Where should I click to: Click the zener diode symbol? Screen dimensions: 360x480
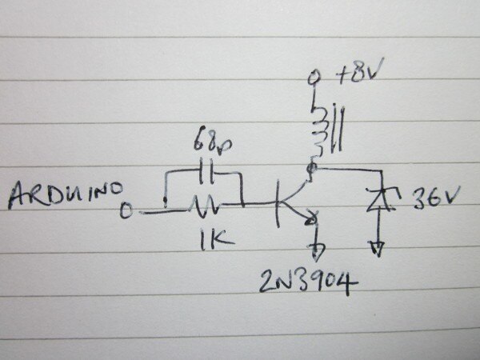(x=376, y=199)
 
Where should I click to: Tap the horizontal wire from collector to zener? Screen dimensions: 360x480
(x=344, y=170)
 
